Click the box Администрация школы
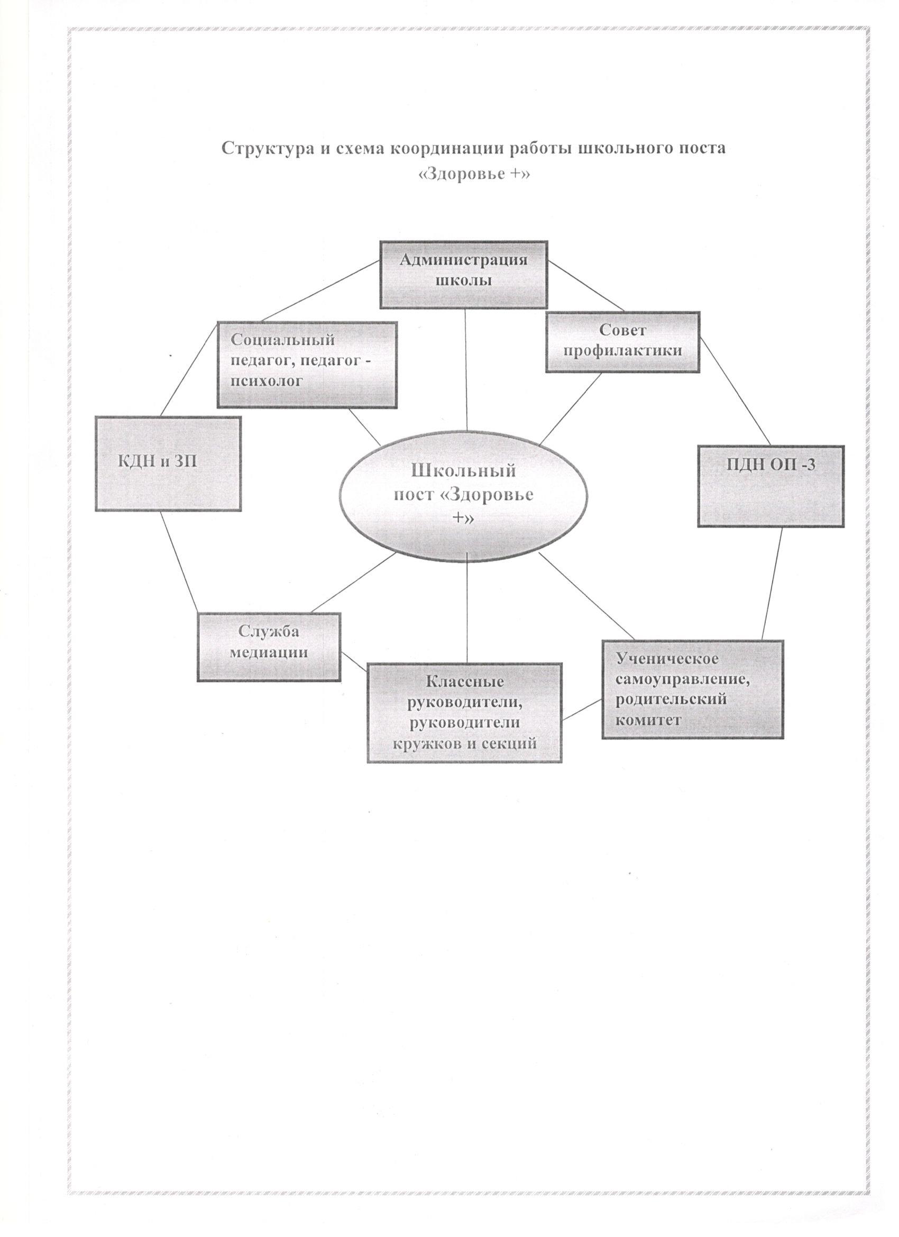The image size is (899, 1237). point(464,275)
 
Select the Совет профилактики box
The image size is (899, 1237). point(622,342)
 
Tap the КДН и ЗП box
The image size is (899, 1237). point(169,463)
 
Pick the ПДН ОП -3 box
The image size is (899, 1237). point(771,485)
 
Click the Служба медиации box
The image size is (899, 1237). point(269,647)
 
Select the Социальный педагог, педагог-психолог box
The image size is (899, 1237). point(307,365)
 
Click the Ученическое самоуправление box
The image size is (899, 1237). point(693,689)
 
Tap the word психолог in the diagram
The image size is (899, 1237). point(266,382)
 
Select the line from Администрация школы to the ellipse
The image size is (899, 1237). point(465,369)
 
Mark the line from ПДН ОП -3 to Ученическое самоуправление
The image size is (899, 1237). point(773,583)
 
